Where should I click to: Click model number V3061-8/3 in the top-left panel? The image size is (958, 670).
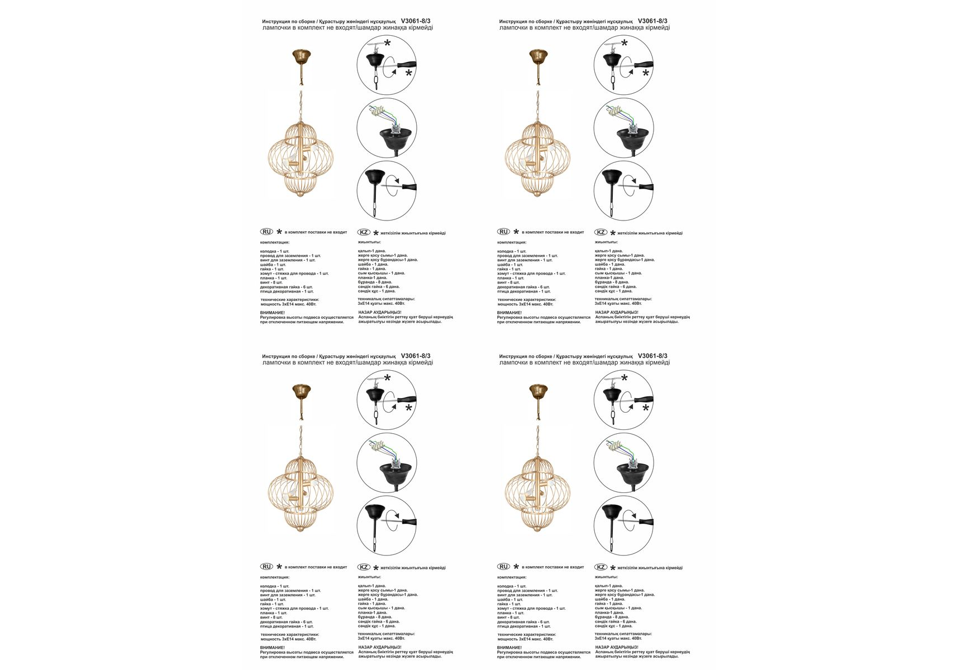click(416, 21)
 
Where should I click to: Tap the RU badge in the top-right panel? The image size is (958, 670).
click(503, 232)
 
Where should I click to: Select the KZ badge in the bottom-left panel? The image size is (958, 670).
click(364, 567)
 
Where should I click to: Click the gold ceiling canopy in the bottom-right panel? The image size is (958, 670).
click(538, 390)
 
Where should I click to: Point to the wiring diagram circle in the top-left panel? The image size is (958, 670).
click(387, 128)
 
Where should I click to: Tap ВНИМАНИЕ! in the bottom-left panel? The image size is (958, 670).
click(273, 648)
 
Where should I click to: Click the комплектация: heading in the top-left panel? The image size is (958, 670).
click(275, 242)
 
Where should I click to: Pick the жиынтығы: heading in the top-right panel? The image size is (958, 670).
click(606, 242)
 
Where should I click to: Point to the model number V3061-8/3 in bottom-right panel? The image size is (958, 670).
click(652, 356)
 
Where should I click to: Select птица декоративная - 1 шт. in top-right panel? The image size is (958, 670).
click(524, 291)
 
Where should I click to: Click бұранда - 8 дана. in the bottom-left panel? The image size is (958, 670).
click(375, 617)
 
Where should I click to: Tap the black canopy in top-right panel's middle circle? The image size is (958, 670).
click(631, 136)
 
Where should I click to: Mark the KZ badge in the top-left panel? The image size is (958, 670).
click(364, 232)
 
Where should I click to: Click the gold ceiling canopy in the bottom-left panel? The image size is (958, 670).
click(302, 390)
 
